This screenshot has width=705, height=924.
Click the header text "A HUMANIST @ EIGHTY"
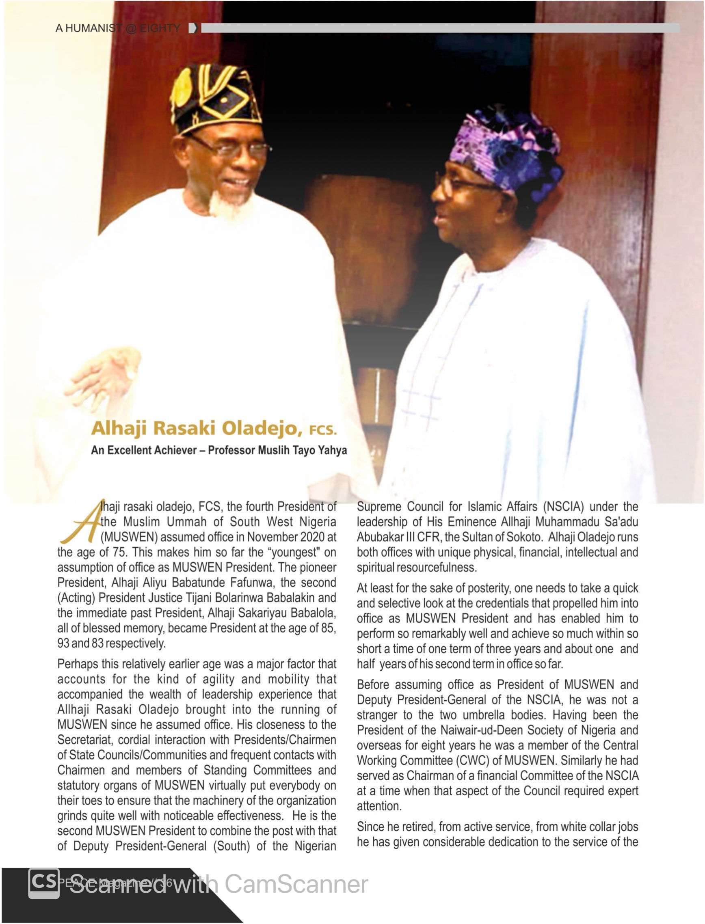click(x=118, y=28)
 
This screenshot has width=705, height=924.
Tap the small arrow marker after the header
click(x=193, y=28)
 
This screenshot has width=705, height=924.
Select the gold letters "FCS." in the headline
click(x=323, y=430)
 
